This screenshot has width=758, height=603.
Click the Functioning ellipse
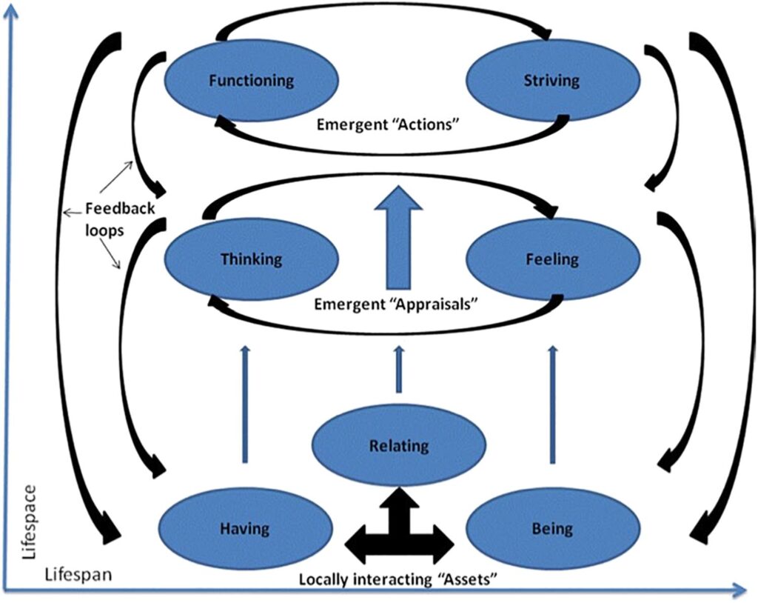251,80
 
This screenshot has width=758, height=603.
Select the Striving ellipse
551,80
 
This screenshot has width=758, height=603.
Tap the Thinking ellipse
251,259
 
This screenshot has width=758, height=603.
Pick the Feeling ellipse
551,259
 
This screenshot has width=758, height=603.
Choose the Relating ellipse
398,446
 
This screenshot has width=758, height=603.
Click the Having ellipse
244,528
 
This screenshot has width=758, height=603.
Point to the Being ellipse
551,528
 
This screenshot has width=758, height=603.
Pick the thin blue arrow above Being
552,404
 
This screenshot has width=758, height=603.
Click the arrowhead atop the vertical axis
10,13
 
